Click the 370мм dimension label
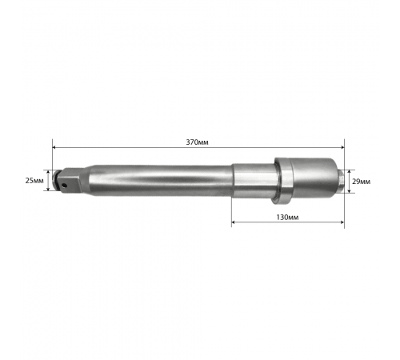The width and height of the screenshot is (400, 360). coord(197,142)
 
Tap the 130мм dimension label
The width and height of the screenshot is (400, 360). coord(287,218)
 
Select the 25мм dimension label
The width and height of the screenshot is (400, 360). coord(34,181)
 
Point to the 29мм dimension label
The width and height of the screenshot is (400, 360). coord(361,182)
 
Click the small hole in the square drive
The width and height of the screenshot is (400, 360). coord(64,185)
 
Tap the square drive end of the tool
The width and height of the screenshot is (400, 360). coord(70,180)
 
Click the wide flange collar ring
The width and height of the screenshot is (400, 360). coord(282,181)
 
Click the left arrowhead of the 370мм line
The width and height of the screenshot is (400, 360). coord(54,147)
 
